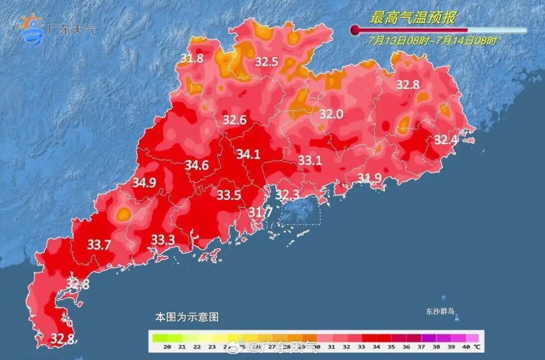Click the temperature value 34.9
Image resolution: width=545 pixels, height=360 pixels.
click(144, 183)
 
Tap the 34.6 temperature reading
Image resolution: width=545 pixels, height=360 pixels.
click(197, 166)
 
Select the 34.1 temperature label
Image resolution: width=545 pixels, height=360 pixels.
click(248, 154)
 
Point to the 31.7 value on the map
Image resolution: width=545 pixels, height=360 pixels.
click(260, 213)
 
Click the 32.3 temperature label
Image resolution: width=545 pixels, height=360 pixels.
click(288, 194)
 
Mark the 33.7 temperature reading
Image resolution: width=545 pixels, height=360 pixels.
click(99, 245)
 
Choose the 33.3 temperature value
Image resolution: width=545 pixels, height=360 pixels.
click(163, 240)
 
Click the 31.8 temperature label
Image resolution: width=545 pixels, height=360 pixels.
click(192, 59)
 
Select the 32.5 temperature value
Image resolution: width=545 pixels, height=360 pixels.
click(266, 62)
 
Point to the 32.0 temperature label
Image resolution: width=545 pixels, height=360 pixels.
click(331, 115)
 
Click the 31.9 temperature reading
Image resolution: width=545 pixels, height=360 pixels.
click(370, 178)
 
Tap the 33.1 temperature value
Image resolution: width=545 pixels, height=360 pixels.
click(310, 161)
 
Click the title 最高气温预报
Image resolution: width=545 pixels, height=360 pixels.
click(412, 18)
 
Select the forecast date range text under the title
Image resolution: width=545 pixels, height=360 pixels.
click(432, 41)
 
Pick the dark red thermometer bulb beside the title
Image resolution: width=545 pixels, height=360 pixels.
click(355, 30)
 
